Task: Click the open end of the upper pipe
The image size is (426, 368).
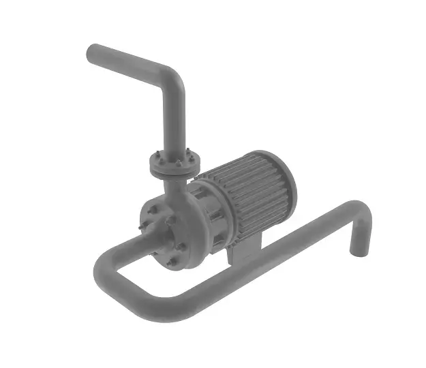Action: [x=93, y=55]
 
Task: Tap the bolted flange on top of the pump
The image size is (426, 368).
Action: [x=174, y=164]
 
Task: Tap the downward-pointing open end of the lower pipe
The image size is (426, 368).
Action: [x=357, y=249]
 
